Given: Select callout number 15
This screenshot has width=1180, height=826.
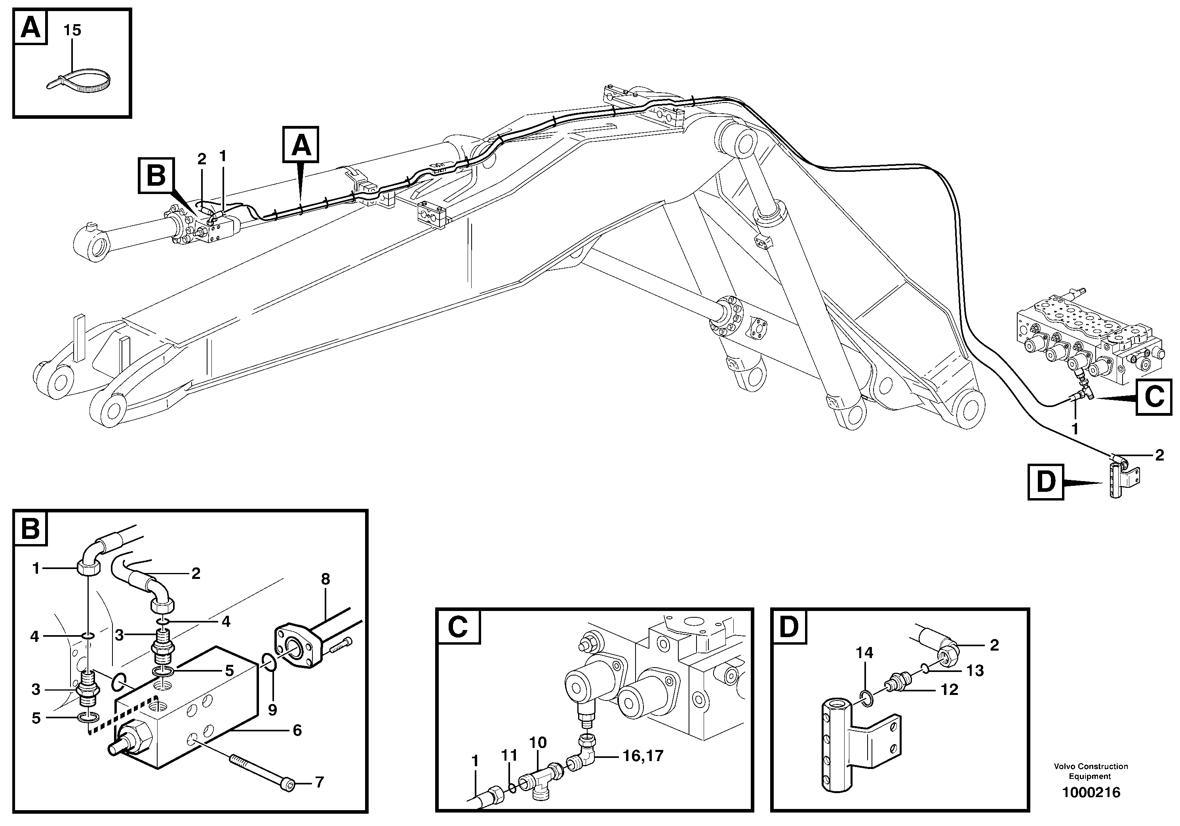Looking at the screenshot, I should point(72,30).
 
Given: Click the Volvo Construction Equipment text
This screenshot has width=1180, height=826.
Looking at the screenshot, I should point(1091,771).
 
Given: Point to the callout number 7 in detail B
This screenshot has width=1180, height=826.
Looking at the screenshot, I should point(319,782).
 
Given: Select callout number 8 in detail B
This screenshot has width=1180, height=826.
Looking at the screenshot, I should point(325,579).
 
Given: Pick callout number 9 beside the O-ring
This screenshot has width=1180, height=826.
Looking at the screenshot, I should point(272,710).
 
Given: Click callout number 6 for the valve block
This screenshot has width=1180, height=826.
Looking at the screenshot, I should point(297,731).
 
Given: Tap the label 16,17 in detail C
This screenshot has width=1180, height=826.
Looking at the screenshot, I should point(643,756).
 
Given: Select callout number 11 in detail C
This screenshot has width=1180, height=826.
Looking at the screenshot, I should point(509,755).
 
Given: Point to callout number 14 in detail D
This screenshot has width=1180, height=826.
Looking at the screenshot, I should point(864,653).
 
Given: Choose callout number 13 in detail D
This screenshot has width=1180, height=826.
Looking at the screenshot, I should point(975,670).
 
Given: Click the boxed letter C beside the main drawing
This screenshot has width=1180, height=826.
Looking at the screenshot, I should point(1154,396).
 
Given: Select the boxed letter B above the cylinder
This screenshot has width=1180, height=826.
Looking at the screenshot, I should point(156,176).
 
